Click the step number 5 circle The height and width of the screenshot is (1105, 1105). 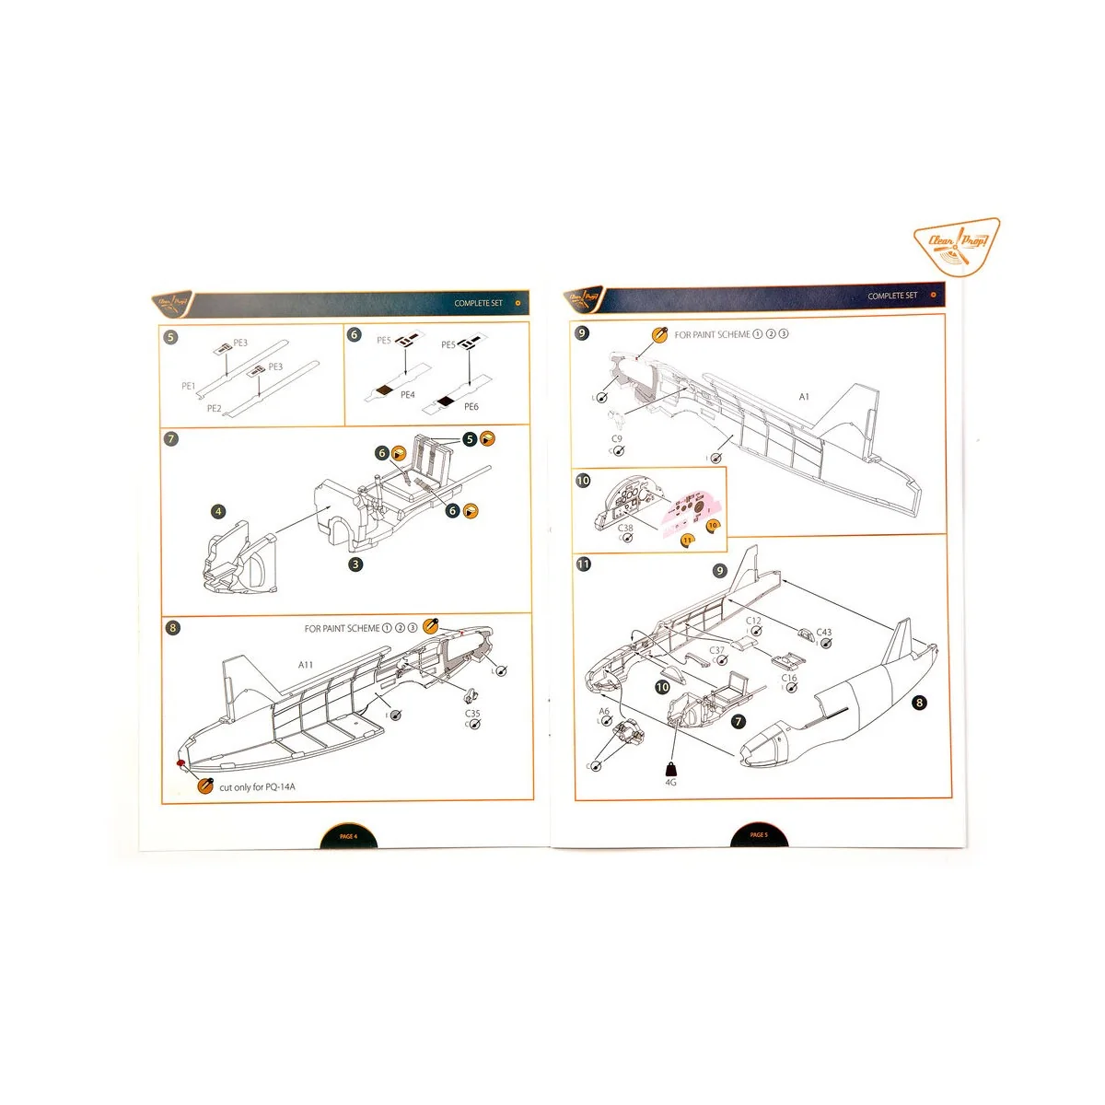[170, 337]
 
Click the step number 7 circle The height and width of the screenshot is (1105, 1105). [170, 438]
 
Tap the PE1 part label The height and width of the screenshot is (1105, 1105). [189, 387]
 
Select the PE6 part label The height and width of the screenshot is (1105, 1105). [471, 406]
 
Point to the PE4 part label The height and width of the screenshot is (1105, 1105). [407, 395]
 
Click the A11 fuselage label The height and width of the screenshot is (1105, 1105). [306, 665]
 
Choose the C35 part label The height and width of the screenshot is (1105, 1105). [472, 714]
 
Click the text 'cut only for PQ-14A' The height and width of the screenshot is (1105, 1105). [257, 787]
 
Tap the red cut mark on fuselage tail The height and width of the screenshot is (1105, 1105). [181, 762]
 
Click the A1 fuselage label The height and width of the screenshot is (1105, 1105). [804, 397]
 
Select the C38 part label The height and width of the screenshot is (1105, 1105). [625, 529]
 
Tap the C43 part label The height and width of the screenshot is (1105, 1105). [823, 633]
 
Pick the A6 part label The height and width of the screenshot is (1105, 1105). [604, 712]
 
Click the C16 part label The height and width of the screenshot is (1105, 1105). [789, 679]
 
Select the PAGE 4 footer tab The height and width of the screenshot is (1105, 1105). [348, 836]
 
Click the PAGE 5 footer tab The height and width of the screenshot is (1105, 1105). [758, 835]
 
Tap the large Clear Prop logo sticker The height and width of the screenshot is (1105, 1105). [958, 247]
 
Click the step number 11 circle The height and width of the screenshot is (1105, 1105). [583, 564]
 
